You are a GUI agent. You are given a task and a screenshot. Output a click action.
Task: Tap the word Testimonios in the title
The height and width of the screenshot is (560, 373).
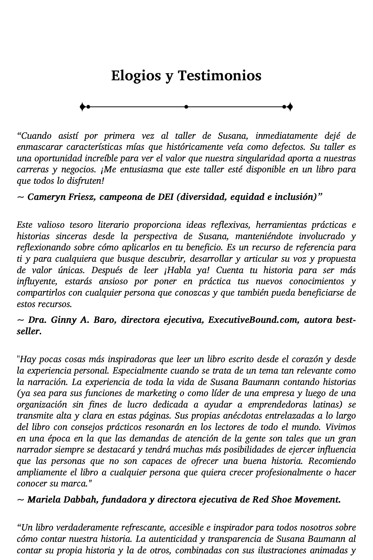[219, 75]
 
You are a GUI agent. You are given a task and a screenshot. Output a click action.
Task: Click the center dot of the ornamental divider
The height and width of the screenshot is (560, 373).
[186, 107]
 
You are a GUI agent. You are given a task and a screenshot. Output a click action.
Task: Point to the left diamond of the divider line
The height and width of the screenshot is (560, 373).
[82, 107]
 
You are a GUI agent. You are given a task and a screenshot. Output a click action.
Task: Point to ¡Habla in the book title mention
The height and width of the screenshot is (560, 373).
[177, 270]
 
